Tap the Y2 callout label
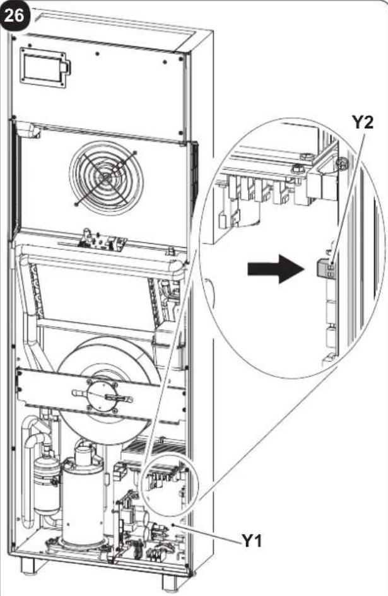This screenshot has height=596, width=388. coord(362,124)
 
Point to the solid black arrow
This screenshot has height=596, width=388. coord(275,269)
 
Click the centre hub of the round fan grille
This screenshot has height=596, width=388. coord(106,177)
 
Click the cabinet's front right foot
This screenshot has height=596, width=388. coord(171,581)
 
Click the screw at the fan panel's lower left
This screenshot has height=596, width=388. coord(76,205)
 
